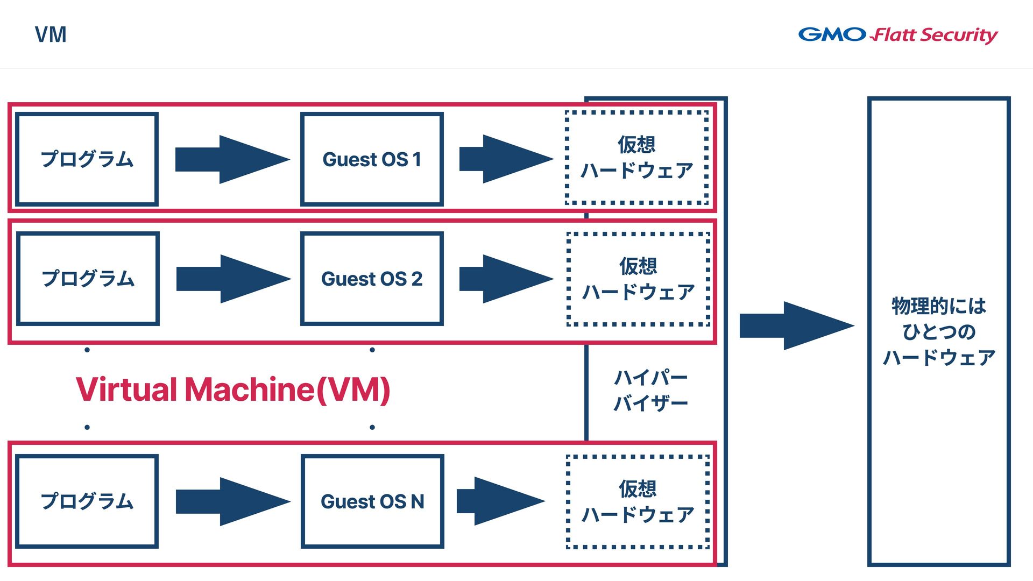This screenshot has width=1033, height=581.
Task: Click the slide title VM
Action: pos(51,35)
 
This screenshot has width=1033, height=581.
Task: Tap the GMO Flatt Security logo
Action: pos(897,35)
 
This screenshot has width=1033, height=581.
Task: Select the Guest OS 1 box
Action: pos(372,159)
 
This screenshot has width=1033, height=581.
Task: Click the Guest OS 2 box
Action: pos(372,279)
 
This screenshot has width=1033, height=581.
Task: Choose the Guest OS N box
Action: pos(372,501)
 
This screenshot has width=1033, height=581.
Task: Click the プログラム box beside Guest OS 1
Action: pos(87,159)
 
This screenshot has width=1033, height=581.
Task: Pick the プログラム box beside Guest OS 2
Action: pos(88,279)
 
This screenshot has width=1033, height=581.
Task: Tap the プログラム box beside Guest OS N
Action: pos(87,501)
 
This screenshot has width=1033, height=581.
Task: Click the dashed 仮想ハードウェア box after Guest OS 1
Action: pos(636,158)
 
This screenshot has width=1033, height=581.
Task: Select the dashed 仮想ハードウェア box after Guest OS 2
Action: pos(638,279)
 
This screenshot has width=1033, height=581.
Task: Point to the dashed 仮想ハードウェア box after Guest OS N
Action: pos(638,502)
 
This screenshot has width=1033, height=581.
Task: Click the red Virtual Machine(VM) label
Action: pos(233,389)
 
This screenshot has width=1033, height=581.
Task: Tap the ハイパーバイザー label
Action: pos(651,390)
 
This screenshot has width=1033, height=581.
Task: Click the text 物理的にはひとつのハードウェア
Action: pos(939,331)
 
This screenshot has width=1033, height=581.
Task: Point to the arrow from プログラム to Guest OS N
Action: pos(232,501)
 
